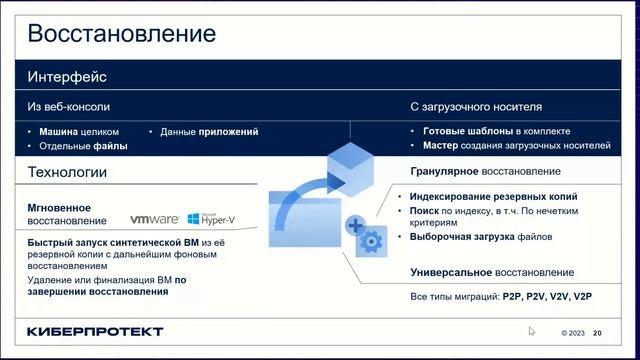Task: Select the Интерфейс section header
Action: point(67,77)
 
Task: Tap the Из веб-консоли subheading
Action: point(68,105)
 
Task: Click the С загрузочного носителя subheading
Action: point(476,105)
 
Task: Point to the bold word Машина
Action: point(58,131)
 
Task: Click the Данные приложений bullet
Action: point(208,131)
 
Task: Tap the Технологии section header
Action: point(67,173)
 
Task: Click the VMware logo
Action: point(155,219)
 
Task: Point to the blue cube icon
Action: point(351,159)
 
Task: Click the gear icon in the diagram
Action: point(371,240)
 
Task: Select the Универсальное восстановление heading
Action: point(492,272)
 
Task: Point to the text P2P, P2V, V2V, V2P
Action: point(547,297)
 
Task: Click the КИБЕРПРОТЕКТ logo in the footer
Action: point(94,331)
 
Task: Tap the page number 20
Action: point(598,333)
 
